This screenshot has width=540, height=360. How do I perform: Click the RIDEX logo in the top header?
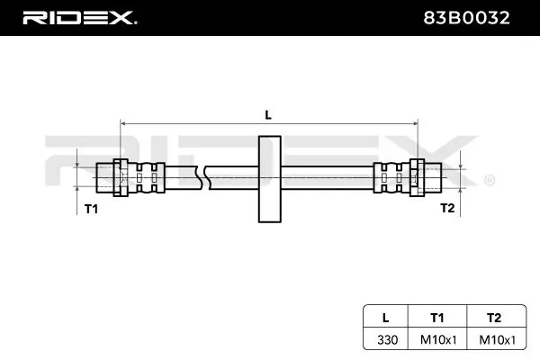click(x=78, y=17)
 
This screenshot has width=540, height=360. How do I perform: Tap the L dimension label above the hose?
click(x=267, y=113)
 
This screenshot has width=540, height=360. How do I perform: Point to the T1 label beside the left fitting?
click(x=91, y=208)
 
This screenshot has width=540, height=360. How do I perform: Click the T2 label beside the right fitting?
click(x=447, y=208)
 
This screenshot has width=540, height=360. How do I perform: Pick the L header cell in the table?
click(x=385, y=317)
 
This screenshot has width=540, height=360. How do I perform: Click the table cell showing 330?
click(x=385, y=339)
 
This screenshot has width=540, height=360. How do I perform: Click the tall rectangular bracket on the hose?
click(x=269, y=178)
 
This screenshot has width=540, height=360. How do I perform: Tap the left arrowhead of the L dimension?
click(x=124, y=122)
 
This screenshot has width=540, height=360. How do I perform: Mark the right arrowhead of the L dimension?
click(x=414, y=122)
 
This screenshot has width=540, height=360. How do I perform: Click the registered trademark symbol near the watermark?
click(x=489, y=180)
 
